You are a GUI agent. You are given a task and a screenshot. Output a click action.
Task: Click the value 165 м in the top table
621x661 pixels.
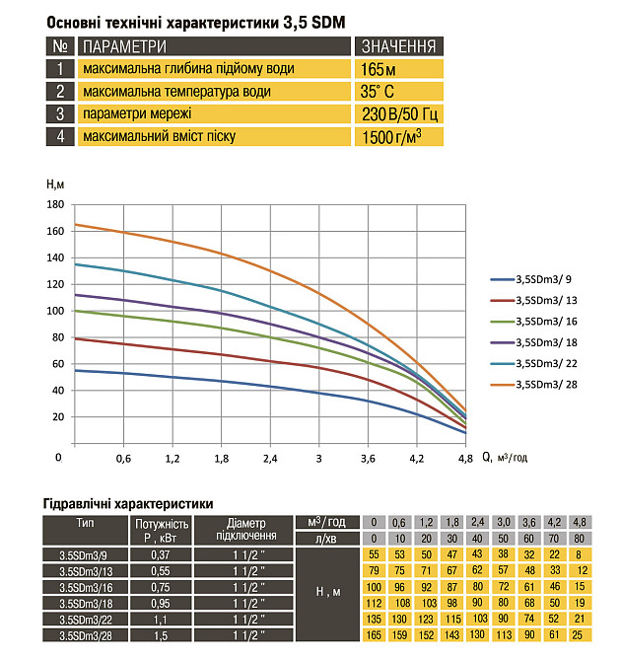[379, 69]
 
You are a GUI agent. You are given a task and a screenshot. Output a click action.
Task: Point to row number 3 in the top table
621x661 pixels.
[60, 114]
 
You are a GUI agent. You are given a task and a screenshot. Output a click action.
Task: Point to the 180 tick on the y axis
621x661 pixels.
[55, 204]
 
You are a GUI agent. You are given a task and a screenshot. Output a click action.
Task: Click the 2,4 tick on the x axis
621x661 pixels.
[269, 459]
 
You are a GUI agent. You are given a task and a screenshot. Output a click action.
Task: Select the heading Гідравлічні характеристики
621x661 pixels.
[128, 504]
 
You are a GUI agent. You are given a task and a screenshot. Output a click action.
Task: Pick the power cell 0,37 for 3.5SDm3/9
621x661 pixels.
[161, 554]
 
